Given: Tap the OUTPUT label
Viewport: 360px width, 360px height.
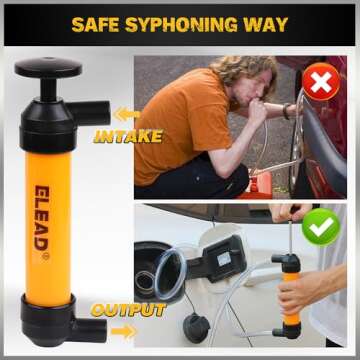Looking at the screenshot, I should click(128, 311).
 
